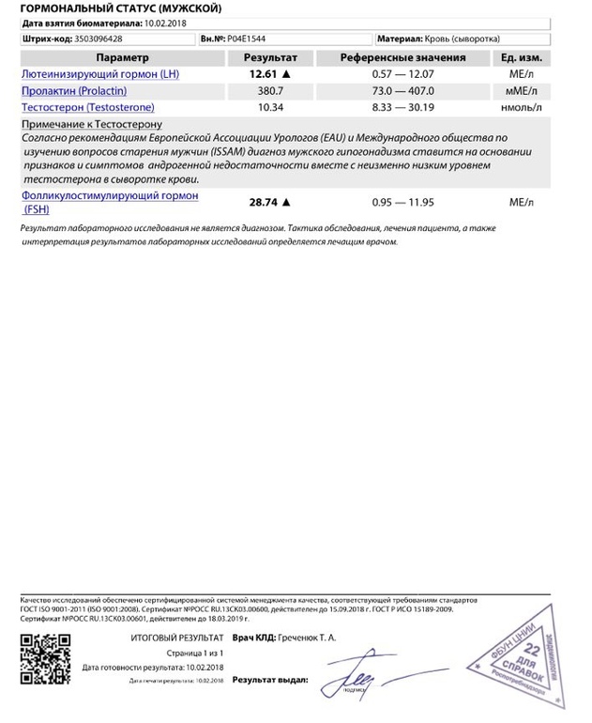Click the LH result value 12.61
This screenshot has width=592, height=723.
pos(262,73)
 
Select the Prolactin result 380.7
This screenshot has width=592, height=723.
pos(266,91)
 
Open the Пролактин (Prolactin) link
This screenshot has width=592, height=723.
pos(73,91)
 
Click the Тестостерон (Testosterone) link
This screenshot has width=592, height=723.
pos(81,109)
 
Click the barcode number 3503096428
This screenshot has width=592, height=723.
pos(96,40)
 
